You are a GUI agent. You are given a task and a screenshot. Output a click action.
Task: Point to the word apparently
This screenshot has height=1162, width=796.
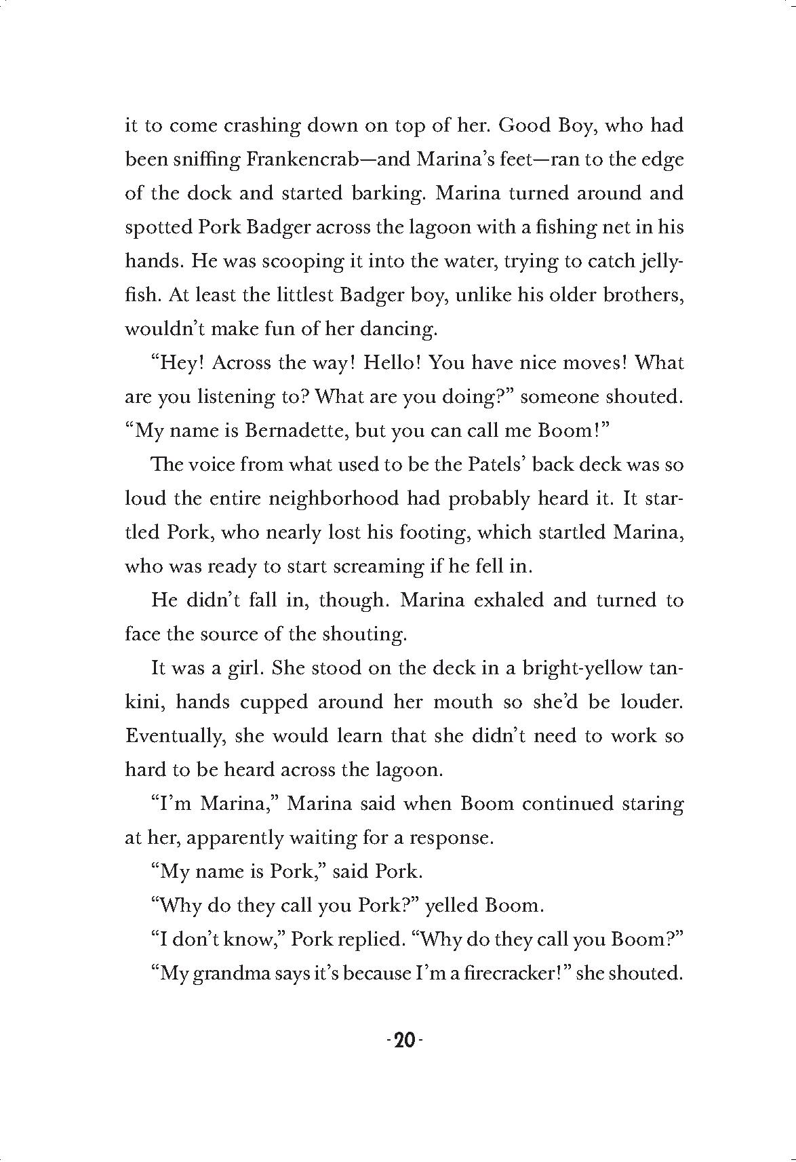click(x=234, y=838)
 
